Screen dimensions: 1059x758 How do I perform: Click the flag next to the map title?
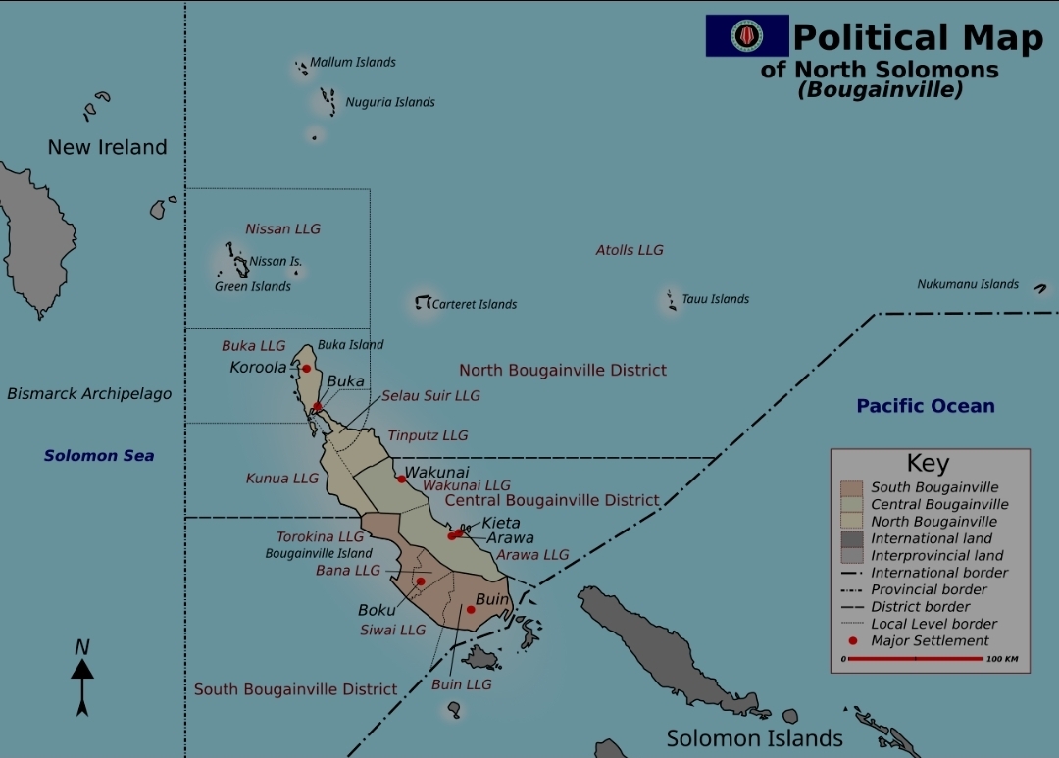pos(747,36)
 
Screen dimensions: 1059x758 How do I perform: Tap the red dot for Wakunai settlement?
pos(401,480)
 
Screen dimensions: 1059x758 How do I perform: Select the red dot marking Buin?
pos(471,610)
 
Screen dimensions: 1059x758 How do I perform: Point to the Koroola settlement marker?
pos(306,369)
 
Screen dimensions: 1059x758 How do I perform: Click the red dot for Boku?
pos(421,581)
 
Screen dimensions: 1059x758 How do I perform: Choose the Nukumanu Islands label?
pos(968,284)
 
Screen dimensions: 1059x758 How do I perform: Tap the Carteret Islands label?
pos(475,304)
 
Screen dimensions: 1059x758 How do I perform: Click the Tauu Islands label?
pos(715,299)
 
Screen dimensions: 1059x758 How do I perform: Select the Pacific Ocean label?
pos(925,406)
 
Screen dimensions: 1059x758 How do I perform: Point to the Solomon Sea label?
pos(99,455)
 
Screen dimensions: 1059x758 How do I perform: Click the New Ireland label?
pos(108,147)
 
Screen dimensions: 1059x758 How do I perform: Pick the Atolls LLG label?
pos(630,250)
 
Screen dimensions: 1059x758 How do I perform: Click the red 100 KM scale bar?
pos(914,659)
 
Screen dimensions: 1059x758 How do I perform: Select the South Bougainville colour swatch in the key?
pos(851,487)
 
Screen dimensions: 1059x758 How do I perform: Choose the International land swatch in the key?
pos(851,538)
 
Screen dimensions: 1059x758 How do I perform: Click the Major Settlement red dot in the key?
pos(852,641)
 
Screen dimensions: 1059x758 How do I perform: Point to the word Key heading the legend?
pos(928,463)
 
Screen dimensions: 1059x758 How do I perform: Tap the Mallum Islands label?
pos(353,62)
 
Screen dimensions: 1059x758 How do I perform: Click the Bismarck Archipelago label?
pos(89,394)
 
